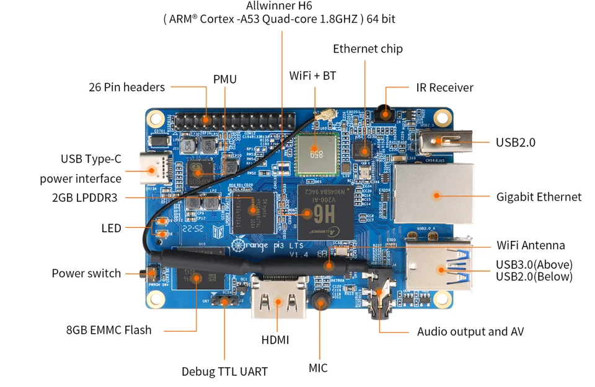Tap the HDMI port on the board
pyautogui.click(x=278, y=301)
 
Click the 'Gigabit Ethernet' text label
pyautogui.click(x=539, y=197)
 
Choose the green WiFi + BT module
pyautogui.click(x=315, y=153)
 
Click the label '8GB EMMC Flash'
pyautogui.click(x=108, y=329)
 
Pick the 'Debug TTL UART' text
pyautogui.click(x=224, y=372)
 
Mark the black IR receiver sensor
pyautogui.click(x=386, y=112)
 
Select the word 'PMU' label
pyautogui.click(x=225, y=79)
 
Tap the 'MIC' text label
pyautogui.click(x=318, y=368)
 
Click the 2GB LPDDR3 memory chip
pyautogui.click(x=252, y=209)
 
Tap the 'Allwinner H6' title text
pyautogui.click(x=279, y=6)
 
